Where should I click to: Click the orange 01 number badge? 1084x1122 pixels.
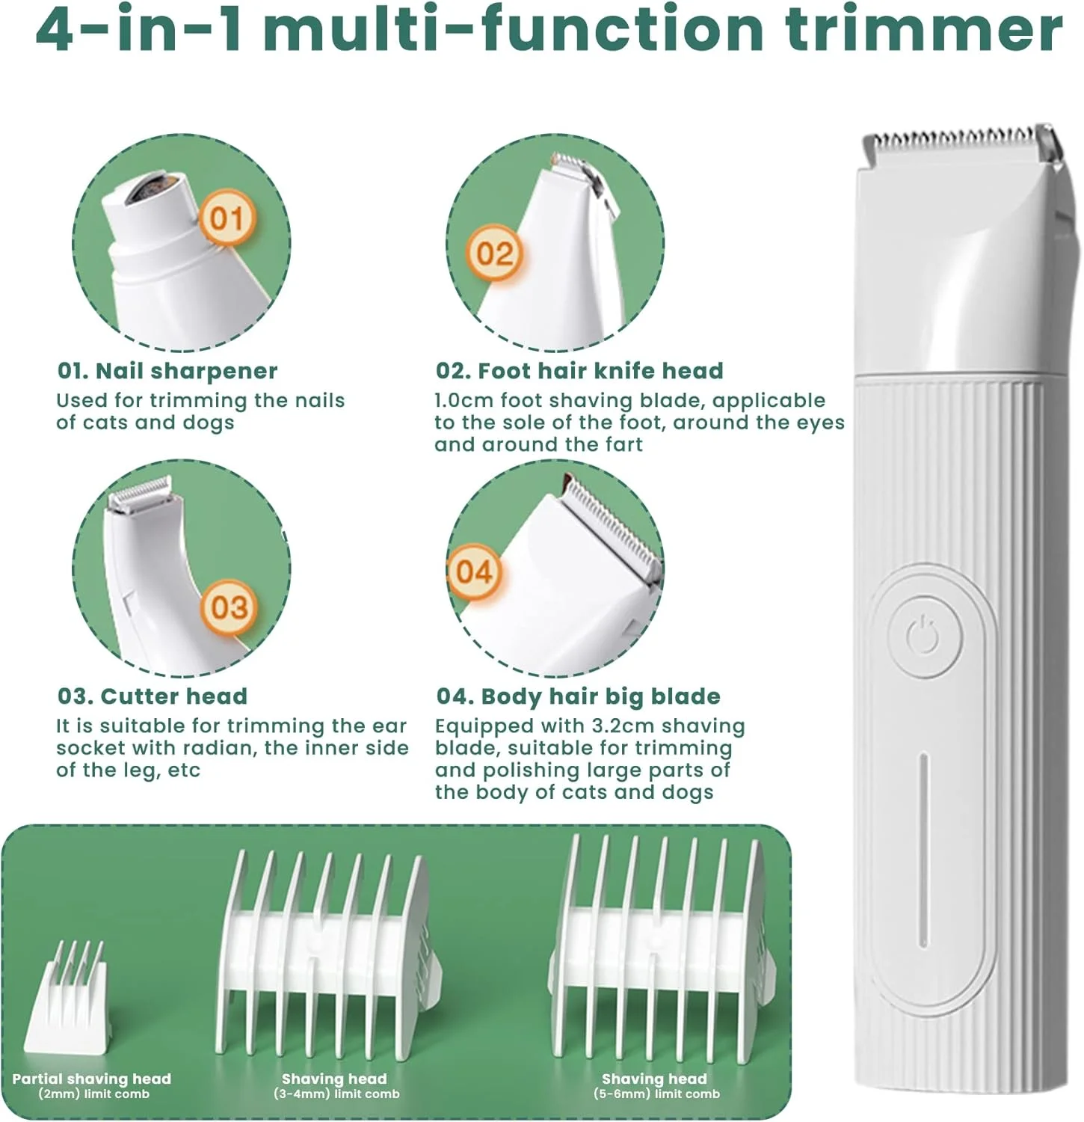pos(227,218)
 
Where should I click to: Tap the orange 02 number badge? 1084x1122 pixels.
pos(494,254)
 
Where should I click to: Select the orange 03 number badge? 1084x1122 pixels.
pos(229,607)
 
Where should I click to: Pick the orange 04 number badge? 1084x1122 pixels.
pos(474,572)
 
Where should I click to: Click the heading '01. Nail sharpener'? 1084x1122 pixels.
pos(167,371)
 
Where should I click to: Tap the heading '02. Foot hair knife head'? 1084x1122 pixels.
pos(579,371)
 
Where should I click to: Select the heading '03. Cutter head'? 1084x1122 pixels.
pos(153,696)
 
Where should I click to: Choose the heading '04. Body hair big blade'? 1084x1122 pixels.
pos(579,696)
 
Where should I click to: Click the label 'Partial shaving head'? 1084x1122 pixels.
pos(92,1079)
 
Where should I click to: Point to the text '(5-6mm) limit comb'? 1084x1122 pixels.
pos(656,1094)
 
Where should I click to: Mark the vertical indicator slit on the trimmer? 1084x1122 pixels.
pos(925,850)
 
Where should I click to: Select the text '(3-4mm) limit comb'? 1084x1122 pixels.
pos(336,1094)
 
